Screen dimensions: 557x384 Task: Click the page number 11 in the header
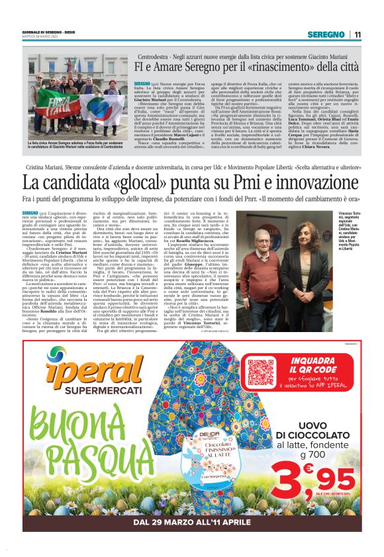click(357, 34)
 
